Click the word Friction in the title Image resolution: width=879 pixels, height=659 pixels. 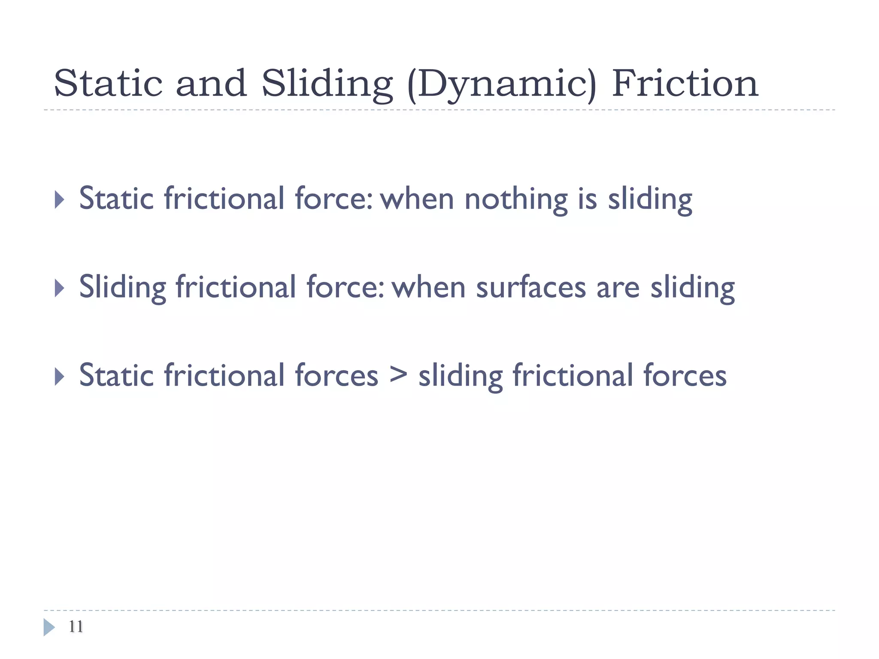pos(685,84)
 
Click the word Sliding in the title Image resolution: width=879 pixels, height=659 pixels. pos(327,85)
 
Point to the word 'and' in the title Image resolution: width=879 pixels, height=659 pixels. pos(211,84)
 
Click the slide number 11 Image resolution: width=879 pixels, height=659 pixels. pos(76,626)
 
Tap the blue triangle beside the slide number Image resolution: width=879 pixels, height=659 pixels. pos(48,627)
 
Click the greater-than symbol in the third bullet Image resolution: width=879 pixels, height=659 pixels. pos(398,375)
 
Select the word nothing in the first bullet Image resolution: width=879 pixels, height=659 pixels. pos(516,200)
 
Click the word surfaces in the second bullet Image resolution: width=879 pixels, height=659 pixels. pos(531,288)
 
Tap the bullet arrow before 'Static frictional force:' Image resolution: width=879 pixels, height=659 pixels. pos(60,200)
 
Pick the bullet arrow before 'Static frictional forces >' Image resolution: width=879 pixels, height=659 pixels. pos(60,377)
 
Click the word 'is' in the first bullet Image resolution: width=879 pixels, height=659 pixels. pos(587,199)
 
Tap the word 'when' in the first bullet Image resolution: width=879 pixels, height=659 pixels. pos(417,200)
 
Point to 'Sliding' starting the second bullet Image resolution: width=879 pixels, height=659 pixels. pos(122,288)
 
